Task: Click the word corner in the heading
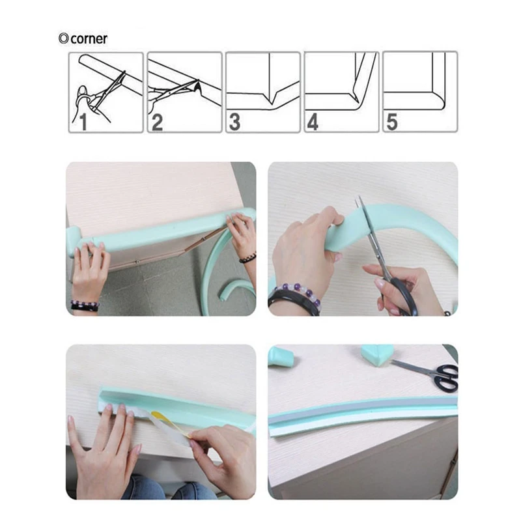tap(89, 39)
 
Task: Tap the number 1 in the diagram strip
tap(83, 122)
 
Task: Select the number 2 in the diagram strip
tap(157, 122)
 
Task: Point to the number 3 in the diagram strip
tap(235, 122)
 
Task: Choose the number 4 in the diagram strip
tap(313, 122)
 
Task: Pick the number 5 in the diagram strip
tap(392, 122)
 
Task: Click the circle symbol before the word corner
tap(63, 38)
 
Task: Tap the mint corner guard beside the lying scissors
tap(378, 355)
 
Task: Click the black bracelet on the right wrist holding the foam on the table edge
tap(247, 258)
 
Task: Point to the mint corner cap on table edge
tap(74, 240)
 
